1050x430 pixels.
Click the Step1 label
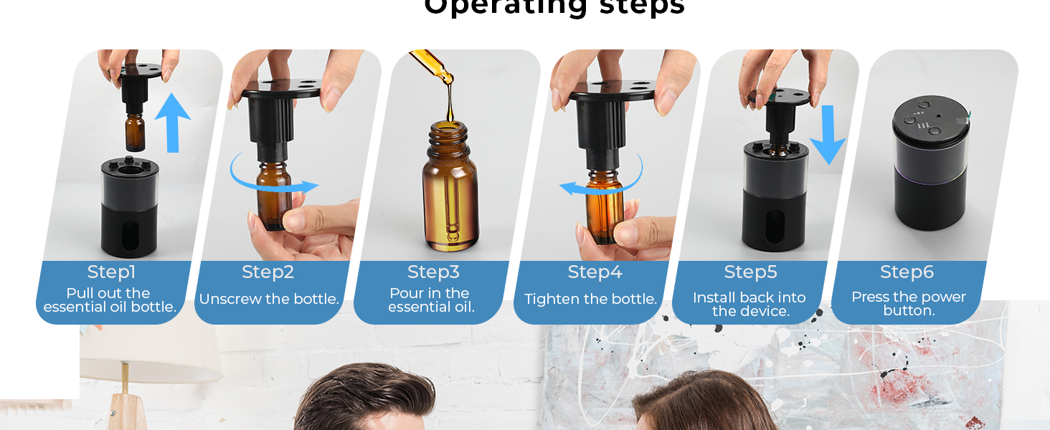point(111,272)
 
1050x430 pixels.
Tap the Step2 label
point(268,272)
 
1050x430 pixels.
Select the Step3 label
point(433,272)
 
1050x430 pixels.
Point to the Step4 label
point(595,272)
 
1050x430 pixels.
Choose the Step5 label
point(750,272)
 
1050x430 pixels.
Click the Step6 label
point(907,272)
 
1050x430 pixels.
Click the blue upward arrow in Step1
point(173,122)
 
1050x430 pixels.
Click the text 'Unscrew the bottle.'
point(269,300)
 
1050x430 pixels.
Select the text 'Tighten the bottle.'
point(590,300)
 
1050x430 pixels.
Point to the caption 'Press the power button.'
point(908,304)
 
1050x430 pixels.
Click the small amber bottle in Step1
point(135,133)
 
